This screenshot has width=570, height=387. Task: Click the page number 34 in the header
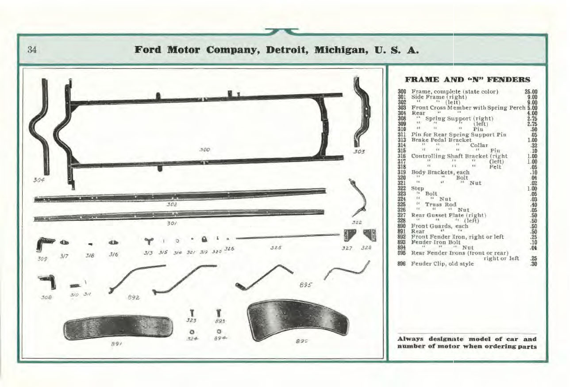click(31, 49)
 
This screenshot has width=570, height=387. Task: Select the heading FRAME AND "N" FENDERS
click(467, 80)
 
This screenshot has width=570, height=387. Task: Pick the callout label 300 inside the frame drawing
click(204, 150)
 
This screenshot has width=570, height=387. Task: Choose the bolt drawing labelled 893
click(219, 314)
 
